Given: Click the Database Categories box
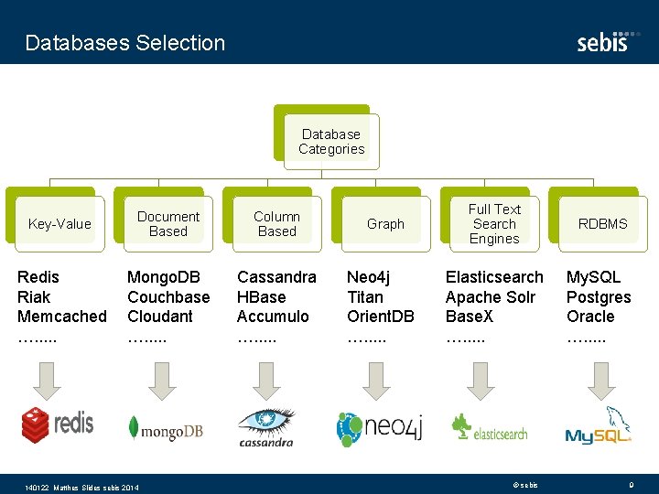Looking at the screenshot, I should coord(331,142).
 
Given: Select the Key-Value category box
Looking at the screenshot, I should coord(59,224).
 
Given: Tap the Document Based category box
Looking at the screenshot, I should coord(168,224).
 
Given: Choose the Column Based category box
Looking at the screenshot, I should coord(276,224).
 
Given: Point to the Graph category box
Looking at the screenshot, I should coord(385,224).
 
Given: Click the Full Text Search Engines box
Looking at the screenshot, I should coord(494,224).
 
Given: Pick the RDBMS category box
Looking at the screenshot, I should coord(603,224).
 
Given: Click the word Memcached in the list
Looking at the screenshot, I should coord(62,317).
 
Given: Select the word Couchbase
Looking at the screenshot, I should coord(168,297).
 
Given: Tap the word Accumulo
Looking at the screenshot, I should coord(273,317).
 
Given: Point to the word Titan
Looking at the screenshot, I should coord(365,297).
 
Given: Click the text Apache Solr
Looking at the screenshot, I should coord(491,297).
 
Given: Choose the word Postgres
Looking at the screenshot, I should coord(599,297).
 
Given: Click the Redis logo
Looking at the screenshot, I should coord(58,424).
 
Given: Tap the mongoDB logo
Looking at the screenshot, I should coord(166,428).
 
